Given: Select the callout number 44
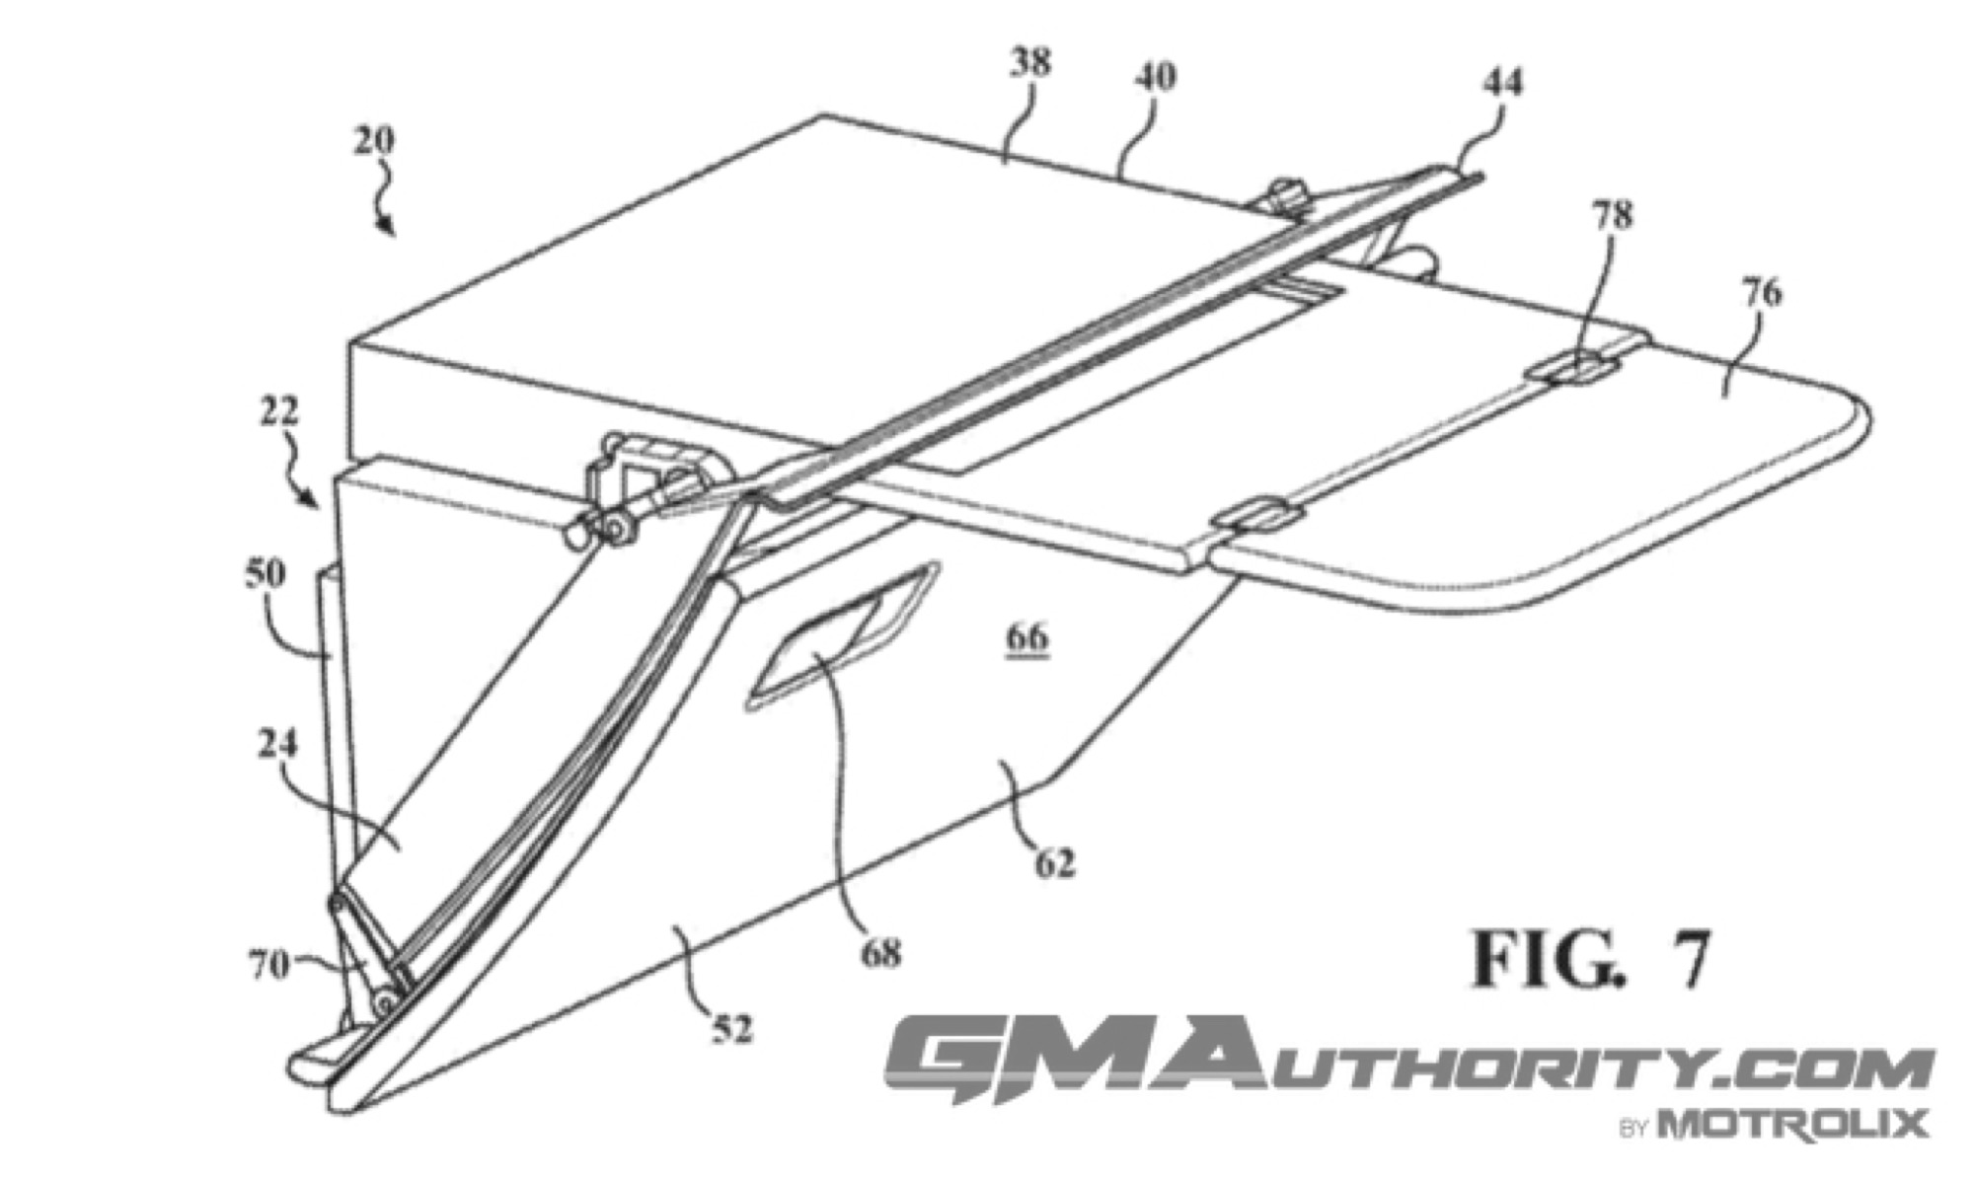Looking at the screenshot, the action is pos(1501,82).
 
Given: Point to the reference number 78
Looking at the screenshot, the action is pos(1612,215).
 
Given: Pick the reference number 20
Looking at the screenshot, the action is pos(374,140).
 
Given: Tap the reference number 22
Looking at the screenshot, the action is pos(279,411).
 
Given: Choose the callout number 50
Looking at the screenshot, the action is pos(266,574).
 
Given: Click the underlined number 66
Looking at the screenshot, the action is pos(1026,640).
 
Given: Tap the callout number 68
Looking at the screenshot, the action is pos(880,954).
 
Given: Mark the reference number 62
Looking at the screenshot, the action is pos(1053,863).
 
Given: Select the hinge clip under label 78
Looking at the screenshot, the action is pos(1575,368).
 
